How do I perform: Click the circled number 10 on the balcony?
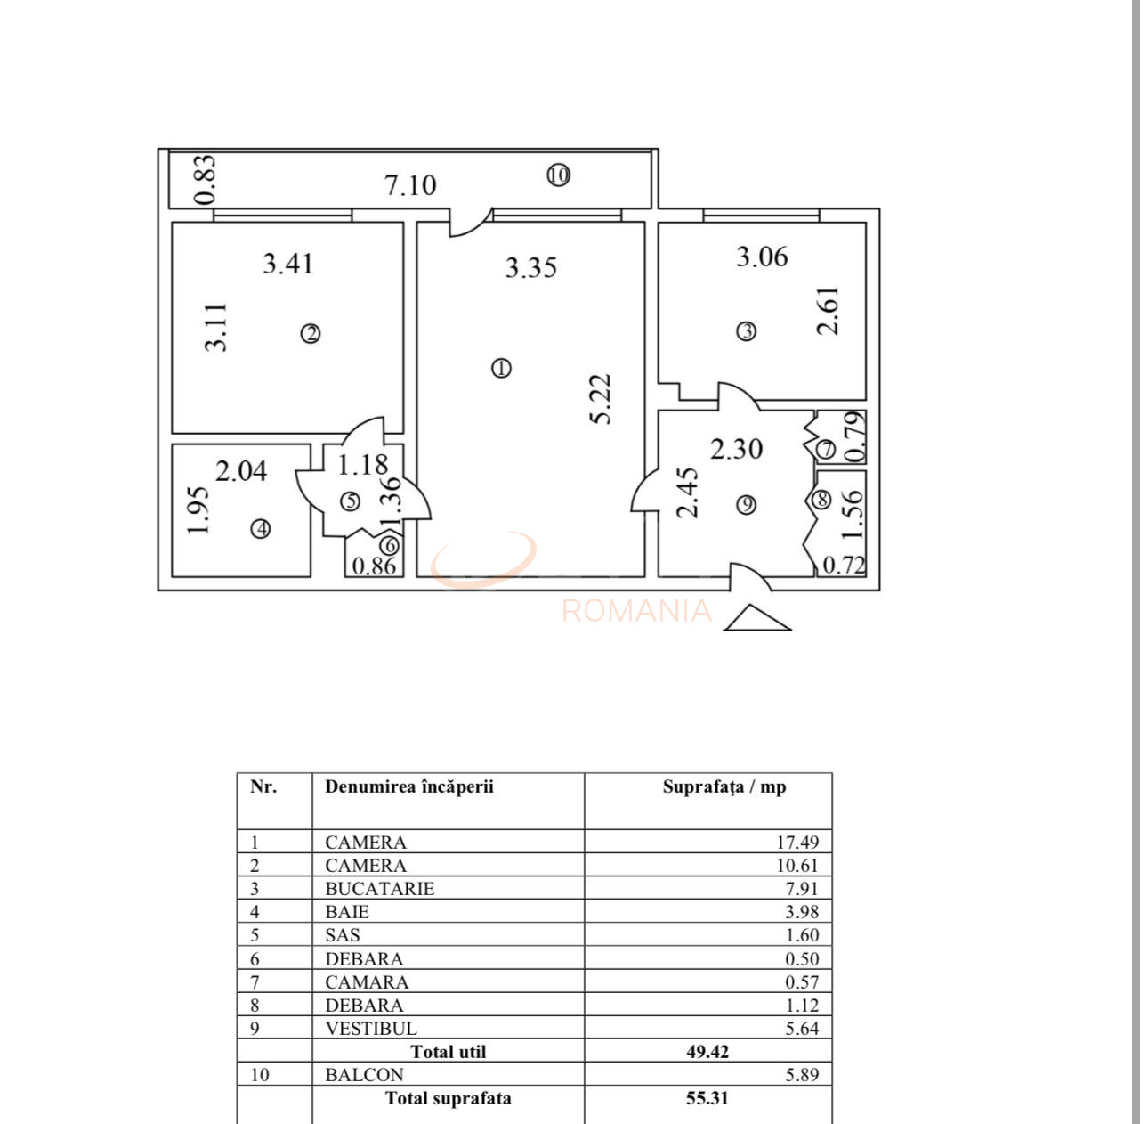point(558,175)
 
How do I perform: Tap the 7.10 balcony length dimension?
point(410,185)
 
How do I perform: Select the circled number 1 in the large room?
point(501,368)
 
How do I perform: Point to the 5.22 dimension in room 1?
point(602,398)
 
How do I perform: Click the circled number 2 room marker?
point(310,334)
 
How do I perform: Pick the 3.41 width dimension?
point(287,264)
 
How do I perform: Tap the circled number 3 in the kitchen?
point(746,331)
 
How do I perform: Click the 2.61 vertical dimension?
point(828,310)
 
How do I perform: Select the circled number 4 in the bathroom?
point(260,529)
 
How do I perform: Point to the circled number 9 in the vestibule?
point(747,505)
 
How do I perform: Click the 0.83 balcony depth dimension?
point(205,180)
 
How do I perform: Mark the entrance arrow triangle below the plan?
point(757,618)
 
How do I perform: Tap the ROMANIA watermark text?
point(637,611)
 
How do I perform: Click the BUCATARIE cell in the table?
point(380,889)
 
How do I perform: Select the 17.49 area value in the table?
point(796,843)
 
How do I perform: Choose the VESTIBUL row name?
point(371,1029)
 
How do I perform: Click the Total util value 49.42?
point(707,1052)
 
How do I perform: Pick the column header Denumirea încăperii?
point(409,786)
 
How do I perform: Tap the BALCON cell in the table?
point(364,1075)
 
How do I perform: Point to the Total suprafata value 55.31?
point(707,1098)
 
